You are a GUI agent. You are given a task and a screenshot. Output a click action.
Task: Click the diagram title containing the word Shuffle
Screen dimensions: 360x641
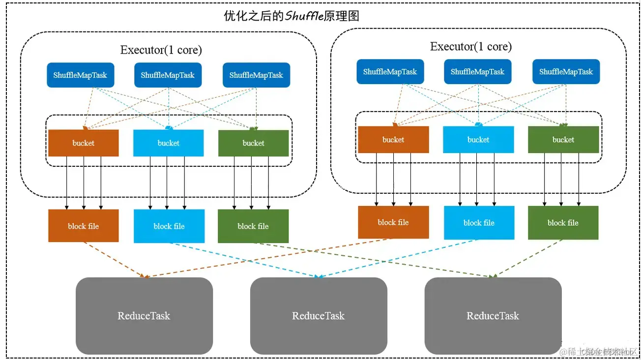pyautogui.click(x=291, y=16)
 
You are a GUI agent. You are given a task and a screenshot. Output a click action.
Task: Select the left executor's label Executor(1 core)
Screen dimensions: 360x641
pyautogui.click(x=161, y=50)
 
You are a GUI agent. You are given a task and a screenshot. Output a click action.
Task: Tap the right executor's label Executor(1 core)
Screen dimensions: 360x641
pyautogui.click(x=470, y=46)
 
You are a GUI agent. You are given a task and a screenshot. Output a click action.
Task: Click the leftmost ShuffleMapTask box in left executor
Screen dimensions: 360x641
pyautogui.click(x=80, y=75)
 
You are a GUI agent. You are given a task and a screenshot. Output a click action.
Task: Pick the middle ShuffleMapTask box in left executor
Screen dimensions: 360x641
pyautogui.click(x=168, y=75)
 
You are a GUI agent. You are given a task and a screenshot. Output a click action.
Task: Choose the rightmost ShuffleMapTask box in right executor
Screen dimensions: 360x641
pyautogui.click(x=566, y=72)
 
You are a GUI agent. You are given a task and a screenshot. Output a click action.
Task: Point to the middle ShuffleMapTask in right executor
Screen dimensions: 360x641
pyautogui.click(x=477, y=72)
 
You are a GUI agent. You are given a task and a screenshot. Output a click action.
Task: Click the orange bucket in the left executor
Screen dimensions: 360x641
pyautogui.click(x=83, y=143)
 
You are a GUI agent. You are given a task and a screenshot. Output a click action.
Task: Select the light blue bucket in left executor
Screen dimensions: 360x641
pyautogui.click(x=168, y=143)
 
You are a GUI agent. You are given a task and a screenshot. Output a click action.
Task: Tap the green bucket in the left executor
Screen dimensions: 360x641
pyautogui.click(x=253, y=143)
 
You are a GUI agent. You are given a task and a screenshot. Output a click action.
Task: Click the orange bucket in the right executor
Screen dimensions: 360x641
pyautogui.click(x=393, y=140)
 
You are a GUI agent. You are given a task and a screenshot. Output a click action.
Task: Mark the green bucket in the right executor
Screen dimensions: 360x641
pyautogui.click(x=563, y=140)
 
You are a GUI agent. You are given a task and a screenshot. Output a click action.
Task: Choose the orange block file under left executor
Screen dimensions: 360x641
pyautogui.click(x=83, y=226)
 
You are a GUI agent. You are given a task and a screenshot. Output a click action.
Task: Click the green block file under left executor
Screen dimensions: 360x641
pyautogui.click(x=253, y=226)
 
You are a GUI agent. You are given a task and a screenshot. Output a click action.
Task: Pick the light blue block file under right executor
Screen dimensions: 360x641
pyautogui.click(x=479, y=223)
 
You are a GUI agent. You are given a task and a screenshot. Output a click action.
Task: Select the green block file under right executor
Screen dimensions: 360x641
pyautogui.click(x=563, y=223)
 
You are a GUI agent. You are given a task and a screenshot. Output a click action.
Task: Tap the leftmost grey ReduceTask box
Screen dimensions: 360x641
pyautogui.click(x=144, y=316)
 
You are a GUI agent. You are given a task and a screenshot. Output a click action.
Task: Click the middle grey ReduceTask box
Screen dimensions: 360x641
pyautogui.click(x=319, y=316)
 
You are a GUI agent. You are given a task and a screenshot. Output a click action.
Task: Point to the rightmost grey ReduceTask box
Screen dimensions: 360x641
pyautogui.click(x=493, y=316)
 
